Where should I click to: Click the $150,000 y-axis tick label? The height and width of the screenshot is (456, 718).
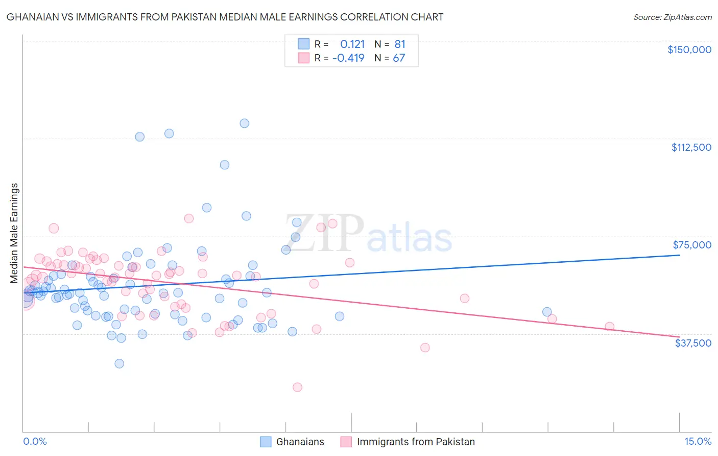coord(689,50)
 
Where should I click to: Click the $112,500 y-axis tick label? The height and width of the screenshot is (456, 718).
coord(691,147)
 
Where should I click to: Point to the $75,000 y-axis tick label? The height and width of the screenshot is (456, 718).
coord(691,245)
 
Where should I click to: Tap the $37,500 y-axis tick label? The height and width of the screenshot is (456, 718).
coord(692,343)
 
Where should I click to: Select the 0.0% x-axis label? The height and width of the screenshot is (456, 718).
coord(35,441)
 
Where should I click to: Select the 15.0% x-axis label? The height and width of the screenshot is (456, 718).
coord(697,441)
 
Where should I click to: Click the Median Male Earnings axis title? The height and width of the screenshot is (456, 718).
coord(14,233)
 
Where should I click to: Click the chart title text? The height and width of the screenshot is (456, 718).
coord(225,17)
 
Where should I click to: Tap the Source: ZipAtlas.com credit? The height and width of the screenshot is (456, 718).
coord(672,17)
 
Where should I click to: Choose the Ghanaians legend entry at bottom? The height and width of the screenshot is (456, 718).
coord(300,442)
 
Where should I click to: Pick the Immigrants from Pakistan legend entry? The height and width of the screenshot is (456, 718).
coord(415,442)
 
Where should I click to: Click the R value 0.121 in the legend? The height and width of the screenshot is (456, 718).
coord(352,44)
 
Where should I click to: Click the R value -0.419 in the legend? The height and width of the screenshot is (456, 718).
coord(348,58)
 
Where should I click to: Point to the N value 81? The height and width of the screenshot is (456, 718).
coord(399,44)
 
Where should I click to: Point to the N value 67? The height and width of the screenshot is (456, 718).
coord(399,58)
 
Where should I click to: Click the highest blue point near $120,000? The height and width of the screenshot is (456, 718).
coord(245,123)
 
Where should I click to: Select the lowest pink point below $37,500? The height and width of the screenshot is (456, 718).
coord(297,387)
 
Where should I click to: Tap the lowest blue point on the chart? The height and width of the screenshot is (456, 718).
coord(119,363)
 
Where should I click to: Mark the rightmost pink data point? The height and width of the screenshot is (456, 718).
coord(609,326)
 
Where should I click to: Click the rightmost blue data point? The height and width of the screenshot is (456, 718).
coord(547,312)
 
